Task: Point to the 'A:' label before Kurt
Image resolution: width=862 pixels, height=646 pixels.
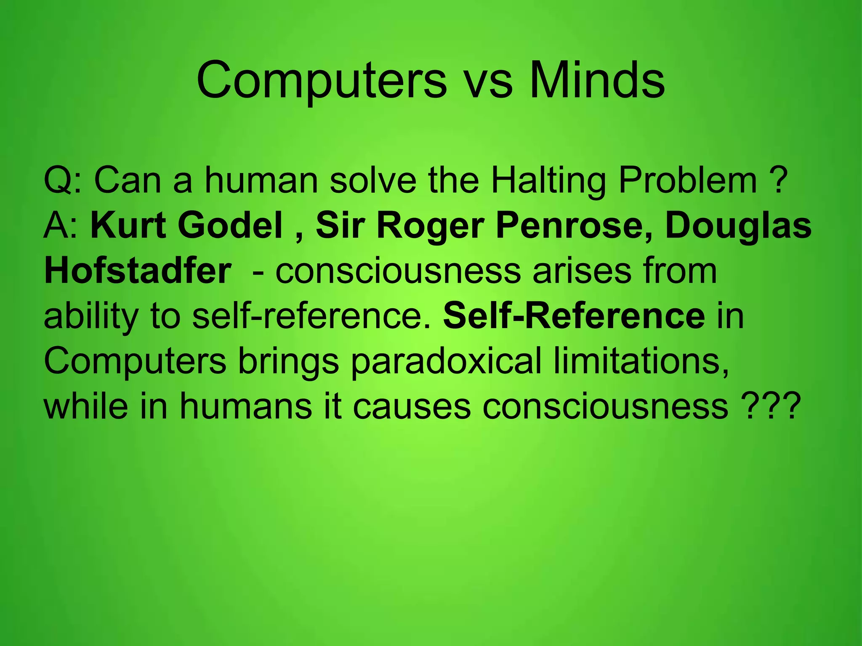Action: click(x=61, y=226)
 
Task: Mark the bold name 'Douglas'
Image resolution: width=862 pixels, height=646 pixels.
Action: click(x=738, y=226)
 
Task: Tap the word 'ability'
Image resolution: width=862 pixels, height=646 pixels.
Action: click(x=91, y=316)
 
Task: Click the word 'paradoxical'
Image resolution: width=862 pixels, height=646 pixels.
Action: click(x=446, y=362)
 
